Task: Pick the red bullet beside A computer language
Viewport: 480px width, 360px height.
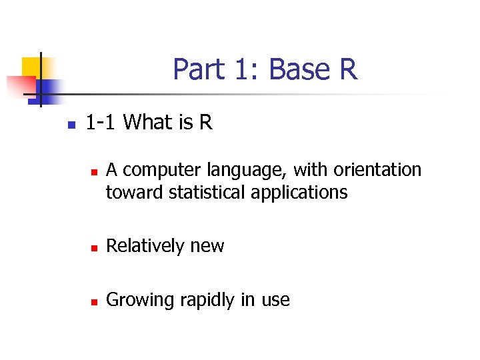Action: point(94,172)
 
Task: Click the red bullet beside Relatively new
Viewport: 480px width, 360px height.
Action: point(94,247)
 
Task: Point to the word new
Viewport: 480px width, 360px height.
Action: point(207,247)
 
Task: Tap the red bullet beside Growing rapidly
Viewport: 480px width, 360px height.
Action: point(94,301)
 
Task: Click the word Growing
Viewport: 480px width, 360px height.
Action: point(139,301)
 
